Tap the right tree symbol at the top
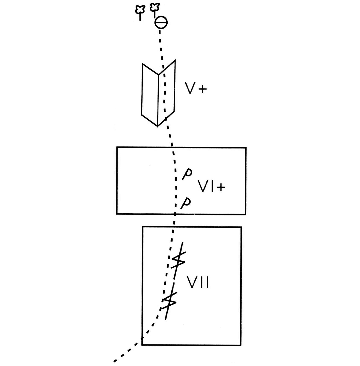coord(155,9)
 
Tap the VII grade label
coord(198,282)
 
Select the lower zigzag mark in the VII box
coord(169,301)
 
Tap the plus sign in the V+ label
coord(202,89)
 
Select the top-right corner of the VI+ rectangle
coord(246,147)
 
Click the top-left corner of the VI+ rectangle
coord(117,147)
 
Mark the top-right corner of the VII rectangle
coord(241,227)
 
